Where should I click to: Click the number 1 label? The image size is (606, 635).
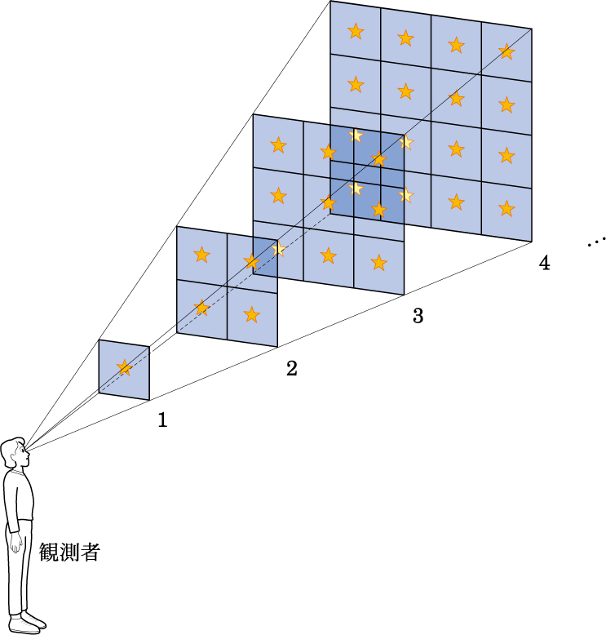coord(162,420)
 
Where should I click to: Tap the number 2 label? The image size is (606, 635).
coord(291,369)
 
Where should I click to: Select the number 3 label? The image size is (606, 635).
coord(418,316)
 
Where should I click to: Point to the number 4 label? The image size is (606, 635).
coord(545,263)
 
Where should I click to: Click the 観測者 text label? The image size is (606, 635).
coord(69,552)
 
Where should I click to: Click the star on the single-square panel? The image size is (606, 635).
coord(124,368)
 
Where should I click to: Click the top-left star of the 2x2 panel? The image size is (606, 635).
coord(201,255)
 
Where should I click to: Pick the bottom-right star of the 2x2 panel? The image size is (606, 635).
coord(252,314)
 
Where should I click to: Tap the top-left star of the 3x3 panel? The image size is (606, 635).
coord(278,144)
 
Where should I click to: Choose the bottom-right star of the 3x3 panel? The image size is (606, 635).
coord(379,263)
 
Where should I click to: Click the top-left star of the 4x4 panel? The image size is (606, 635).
coord(356,31)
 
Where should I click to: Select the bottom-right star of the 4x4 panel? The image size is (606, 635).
coord(506,209)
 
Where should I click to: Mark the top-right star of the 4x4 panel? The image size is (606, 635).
coord(506,52)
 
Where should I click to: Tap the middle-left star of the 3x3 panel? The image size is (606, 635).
coord(278,196)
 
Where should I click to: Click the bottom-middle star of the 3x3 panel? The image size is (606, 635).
coord(329,255)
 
